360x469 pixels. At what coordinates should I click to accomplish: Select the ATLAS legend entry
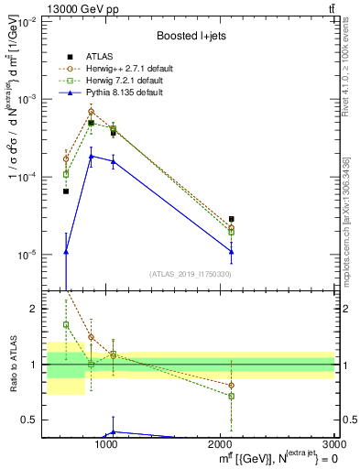pos(103,58)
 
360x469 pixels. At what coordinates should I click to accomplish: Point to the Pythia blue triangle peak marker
pos(91,157)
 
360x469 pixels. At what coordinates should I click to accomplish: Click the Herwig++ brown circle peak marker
pos(91,112)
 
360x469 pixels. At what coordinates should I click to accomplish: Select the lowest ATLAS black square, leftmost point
pos(66,191)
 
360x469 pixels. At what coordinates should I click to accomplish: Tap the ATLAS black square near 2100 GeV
pos(232,220)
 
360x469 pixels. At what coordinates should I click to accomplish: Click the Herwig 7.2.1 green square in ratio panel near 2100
pos(232,397)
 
